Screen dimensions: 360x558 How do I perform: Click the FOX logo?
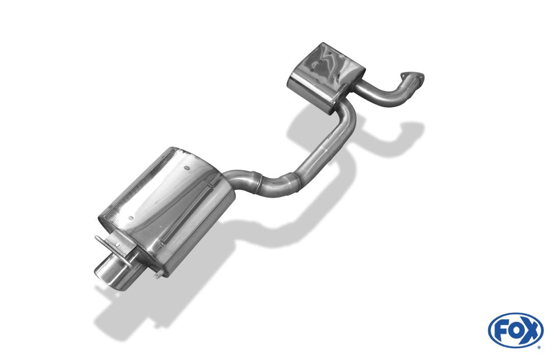click(515, 330)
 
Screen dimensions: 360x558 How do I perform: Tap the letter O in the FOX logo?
click(515, 330)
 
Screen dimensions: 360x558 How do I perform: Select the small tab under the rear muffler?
click(161, 273)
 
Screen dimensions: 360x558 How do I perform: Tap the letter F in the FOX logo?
click(502, 330)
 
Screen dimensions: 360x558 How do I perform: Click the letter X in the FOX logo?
click(530, 330)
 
